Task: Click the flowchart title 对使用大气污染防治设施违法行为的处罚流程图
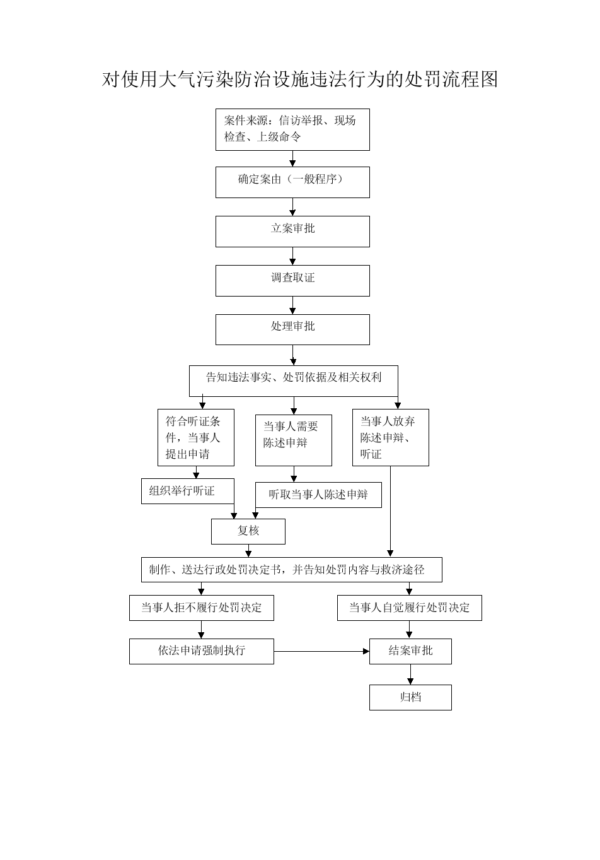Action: pos(300,80)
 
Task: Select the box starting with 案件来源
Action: pos(292,129)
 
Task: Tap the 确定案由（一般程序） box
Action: pos(292,182)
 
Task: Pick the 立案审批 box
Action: pos(292,232)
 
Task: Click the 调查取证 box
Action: pos(292,281)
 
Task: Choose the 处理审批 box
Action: pos(292,329)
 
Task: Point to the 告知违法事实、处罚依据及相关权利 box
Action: pos(294,381)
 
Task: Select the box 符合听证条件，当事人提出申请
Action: pos(196,438)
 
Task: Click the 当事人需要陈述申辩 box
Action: pos(294,440)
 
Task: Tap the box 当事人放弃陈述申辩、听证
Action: pos(391,438)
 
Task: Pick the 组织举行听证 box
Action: pos(188,491)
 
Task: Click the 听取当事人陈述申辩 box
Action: pos(319,495)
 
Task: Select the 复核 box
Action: pos(248,531)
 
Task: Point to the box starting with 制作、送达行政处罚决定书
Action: pos(292,570)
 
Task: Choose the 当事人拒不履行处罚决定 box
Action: pos(202,608)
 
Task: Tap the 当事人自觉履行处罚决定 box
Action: pos(410,608)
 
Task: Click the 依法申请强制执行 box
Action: pos(202,652)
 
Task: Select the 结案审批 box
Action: pos(410,652)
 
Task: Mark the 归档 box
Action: pos(410,698)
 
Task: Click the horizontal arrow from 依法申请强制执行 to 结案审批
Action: pos(321,651)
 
